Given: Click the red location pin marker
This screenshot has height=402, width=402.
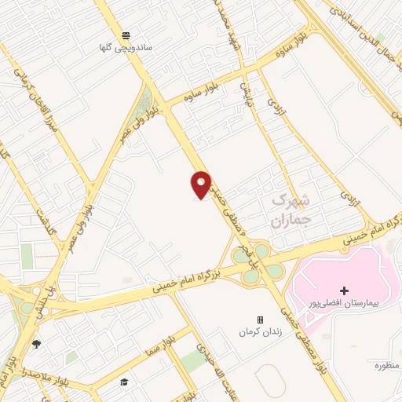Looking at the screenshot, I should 201,185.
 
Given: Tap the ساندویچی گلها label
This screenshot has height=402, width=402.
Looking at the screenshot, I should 126,48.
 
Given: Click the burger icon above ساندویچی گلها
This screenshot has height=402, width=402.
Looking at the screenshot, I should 126,35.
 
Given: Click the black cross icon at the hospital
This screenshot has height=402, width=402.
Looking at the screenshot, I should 344,291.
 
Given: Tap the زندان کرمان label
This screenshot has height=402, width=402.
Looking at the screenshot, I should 260,332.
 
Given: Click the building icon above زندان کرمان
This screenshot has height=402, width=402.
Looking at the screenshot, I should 260,320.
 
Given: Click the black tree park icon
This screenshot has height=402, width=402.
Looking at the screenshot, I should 36,344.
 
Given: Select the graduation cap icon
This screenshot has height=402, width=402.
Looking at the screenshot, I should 123,382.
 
